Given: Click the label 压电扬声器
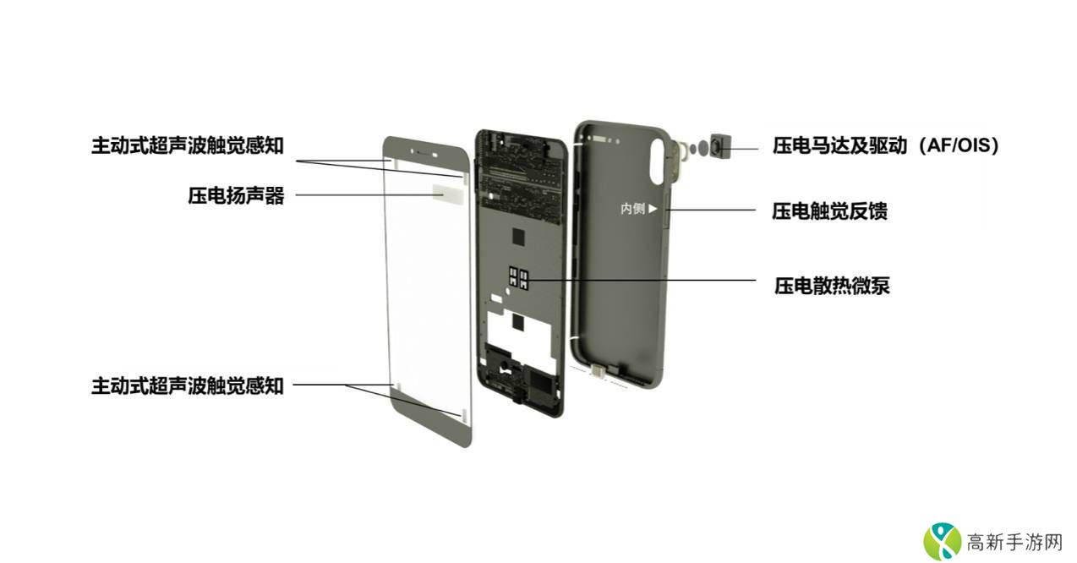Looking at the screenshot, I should click(236, 196).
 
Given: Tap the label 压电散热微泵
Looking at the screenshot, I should click(832, 285).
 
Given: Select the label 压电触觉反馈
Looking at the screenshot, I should click(829, 210).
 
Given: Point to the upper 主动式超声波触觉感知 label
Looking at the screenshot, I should click(187, 145).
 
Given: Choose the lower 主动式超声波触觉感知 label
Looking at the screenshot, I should click(187, 385).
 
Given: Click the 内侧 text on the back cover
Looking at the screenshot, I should click(632, 209).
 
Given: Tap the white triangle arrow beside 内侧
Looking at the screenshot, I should click(653, 209).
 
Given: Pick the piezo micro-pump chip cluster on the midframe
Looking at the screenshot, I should click(518, 279).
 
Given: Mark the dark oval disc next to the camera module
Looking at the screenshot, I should click(703, 148).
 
